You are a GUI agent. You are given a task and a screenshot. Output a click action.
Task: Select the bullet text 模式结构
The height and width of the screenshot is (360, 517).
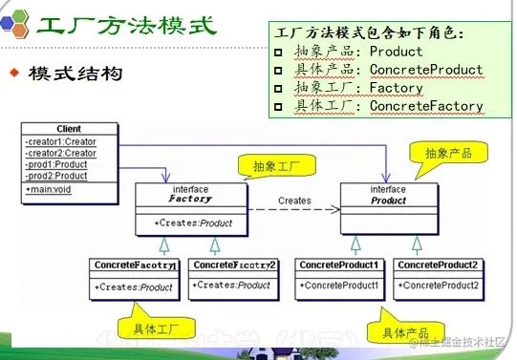[75, 74]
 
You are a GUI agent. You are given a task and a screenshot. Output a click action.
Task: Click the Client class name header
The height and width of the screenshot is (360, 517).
[69, 129]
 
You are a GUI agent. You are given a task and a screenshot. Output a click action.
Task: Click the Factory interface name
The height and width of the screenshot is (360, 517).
[191, 201]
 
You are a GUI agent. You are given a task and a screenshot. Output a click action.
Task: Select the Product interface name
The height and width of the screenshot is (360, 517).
[388, 201]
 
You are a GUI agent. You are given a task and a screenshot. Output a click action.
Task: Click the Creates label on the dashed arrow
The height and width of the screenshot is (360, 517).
[294, 201]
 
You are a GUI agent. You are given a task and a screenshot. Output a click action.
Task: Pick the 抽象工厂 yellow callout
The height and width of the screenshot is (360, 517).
[277, 165]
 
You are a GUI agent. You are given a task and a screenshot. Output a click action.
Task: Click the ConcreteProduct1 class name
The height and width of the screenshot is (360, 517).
[339, 265]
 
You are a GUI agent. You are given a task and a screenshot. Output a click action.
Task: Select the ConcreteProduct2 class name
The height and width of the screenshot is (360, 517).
[437, 265]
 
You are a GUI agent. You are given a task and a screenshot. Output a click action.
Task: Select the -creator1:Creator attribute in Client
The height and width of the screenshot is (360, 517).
[61, 141]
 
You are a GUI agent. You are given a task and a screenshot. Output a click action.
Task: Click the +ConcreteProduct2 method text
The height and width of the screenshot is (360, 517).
[438, 286]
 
